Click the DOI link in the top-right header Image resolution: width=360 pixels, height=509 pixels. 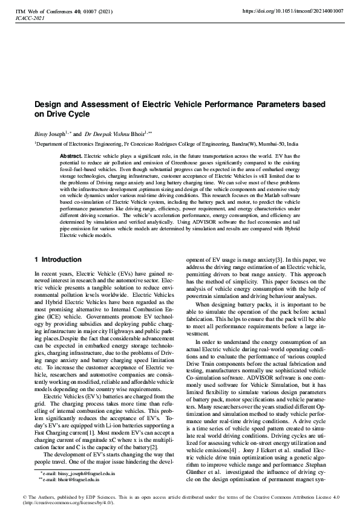(x=292, y=11)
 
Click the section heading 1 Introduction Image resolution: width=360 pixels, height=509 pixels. (x=57, y=259)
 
